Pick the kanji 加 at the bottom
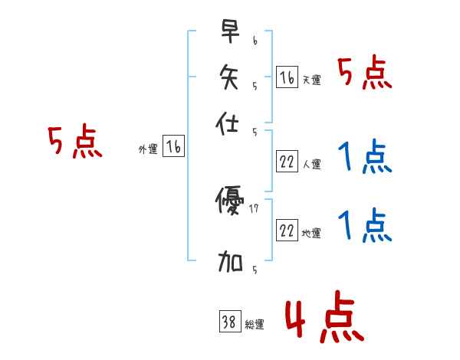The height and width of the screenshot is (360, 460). [230, 263]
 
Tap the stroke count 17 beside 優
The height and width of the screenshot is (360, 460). [255, 208]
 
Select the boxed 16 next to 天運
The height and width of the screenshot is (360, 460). [287, 77]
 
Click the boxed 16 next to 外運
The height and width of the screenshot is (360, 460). [174, 146]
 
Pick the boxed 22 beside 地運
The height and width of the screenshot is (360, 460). [287, 230]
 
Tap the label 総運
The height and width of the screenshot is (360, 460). [255, 324]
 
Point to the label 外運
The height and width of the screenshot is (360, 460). [148, 149]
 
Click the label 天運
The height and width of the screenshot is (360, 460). [312, 80]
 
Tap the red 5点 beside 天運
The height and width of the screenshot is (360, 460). [364, 74]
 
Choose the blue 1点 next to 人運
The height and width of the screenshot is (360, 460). [364, 159]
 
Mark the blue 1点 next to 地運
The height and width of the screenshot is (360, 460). [364, 227]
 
